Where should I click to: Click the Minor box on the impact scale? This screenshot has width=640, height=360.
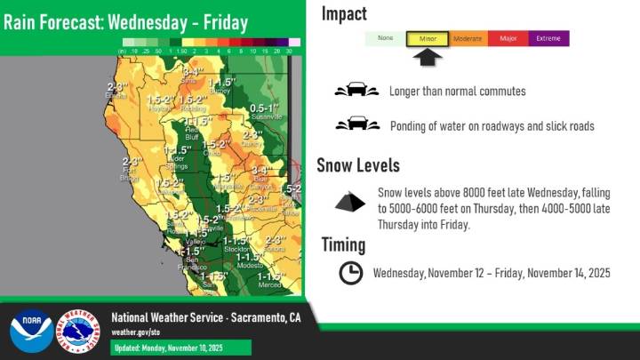(427, 39)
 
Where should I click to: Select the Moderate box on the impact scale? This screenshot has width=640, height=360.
(467, 39)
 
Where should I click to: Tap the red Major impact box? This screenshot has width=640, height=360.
(508, 39)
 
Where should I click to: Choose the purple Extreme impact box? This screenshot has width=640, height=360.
(548, 39)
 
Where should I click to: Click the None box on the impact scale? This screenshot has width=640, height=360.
(386, 39)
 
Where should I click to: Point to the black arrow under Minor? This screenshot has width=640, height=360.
(428, 58)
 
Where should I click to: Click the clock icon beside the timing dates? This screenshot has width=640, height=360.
(351, 273)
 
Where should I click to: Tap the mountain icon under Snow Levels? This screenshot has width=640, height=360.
(349, 203)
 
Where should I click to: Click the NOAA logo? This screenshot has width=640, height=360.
(31, 332)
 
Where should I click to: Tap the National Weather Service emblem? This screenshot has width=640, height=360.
(78, 332)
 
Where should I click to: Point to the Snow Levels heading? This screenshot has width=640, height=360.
(358, 165)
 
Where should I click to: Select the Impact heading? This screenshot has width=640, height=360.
(344, 13)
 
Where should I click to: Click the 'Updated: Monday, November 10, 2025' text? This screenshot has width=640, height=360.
(169, 347)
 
